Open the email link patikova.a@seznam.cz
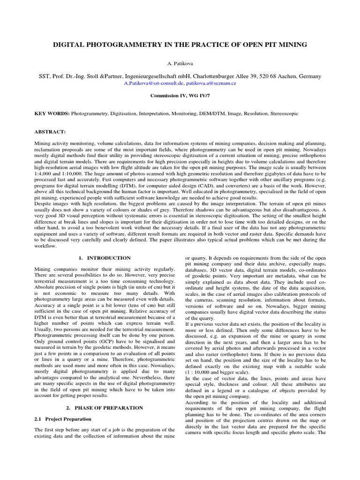(210, 82)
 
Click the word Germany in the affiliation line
(308, 75)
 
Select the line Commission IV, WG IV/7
(180, 95)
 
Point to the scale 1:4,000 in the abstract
(45, 172)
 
